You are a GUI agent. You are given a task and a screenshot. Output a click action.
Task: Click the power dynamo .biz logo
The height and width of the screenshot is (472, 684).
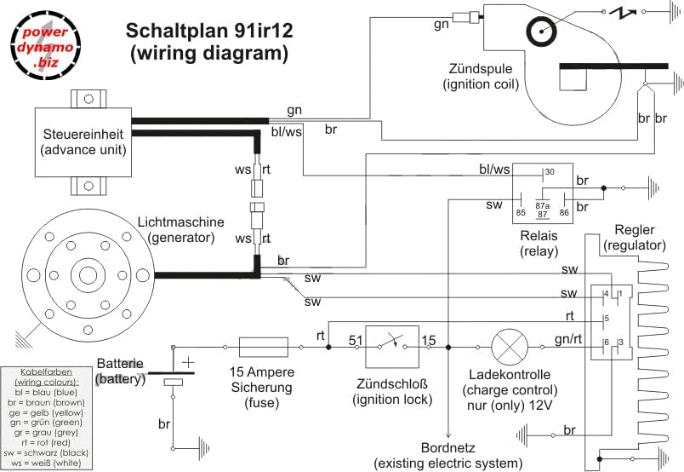click(45, 45)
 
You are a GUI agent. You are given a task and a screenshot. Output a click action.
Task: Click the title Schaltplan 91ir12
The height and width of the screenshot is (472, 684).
click(209, 31)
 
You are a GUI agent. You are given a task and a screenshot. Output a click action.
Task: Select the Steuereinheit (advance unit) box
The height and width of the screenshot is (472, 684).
click(83, 142)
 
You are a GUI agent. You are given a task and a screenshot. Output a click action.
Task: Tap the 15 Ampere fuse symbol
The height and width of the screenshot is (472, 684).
click(264, 347)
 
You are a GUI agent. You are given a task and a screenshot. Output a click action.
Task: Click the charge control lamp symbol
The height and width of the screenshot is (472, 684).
click(510, 347)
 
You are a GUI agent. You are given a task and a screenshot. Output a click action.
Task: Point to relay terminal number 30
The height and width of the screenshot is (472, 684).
click(550, 172)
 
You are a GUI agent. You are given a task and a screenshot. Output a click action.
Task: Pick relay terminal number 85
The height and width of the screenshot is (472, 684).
click(521, 213)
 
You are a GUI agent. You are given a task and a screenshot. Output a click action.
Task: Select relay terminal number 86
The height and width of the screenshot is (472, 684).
click(564, 213)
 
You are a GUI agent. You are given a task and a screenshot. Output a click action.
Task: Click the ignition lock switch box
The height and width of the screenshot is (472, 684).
click(392, 347)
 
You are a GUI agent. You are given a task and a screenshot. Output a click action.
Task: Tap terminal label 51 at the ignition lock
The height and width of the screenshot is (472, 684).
click(356, 340)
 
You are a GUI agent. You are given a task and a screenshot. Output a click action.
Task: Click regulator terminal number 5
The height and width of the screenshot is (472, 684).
click(607, 319)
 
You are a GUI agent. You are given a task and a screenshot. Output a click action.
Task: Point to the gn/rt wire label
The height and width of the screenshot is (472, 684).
click(568, 339)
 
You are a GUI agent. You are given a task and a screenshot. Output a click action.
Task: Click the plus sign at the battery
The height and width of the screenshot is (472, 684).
click(188, 362)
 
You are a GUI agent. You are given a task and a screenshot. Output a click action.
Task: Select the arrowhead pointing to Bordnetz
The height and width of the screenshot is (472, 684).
click(448, 434)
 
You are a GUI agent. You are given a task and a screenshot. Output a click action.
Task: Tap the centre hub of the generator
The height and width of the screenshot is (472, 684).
click(88, 275)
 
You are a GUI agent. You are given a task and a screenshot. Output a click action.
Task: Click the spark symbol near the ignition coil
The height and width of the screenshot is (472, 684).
click(623, 13)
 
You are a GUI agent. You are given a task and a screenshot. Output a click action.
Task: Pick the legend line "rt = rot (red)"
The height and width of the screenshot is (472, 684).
click(46, 443)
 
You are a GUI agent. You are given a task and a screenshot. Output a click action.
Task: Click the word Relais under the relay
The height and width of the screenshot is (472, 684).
click(539, 236)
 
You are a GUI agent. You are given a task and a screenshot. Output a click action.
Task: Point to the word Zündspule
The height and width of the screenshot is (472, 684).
click(481, 69)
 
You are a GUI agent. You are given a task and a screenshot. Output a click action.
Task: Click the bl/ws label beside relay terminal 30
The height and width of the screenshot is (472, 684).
click(494, 170)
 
